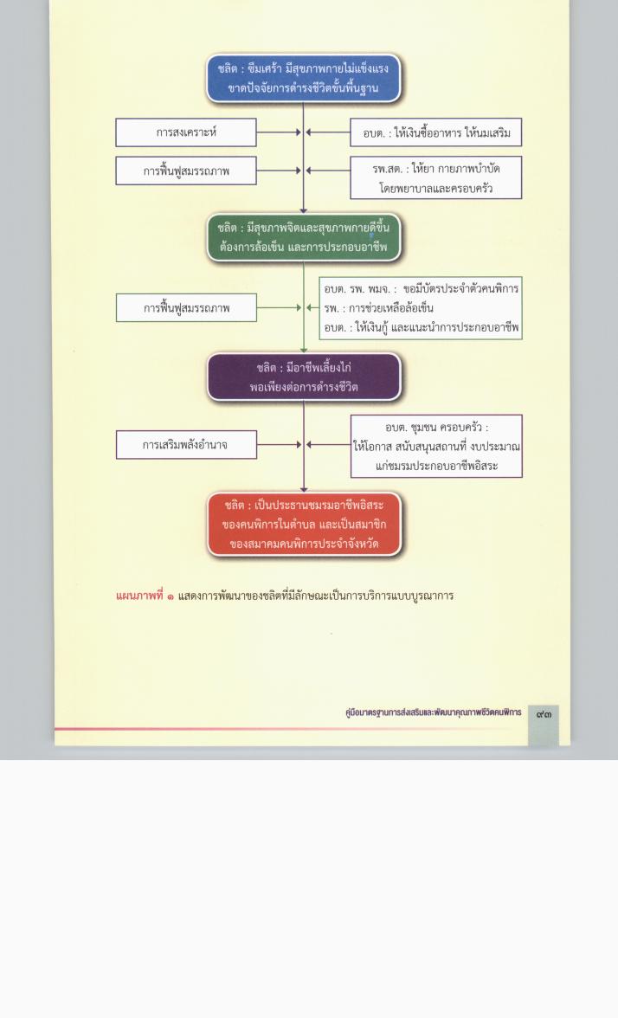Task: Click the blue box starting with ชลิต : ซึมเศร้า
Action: pyautogui.click(x=303, y=78)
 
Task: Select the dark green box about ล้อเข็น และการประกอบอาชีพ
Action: pyautogui.click(x=303, y=237)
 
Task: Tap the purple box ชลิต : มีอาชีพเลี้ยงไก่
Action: pyautogui.click(x=303, y=377)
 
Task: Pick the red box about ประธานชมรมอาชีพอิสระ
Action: pyautogui.click(x=304, y=524)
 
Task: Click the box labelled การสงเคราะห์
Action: pyautogui.click(x=186, y=132)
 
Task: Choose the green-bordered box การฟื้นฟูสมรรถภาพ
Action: pyautogui.click(x=186, y=308)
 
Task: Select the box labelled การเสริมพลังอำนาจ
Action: pyautogui.click(x=186, y=445)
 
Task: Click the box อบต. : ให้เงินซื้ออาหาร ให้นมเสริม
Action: pyautogui.click(x=436, y=132)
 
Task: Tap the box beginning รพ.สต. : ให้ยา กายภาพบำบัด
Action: pyautogui.click(x=436, y=177)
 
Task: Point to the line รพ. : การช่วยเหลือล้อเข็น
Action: pyautogui.click(x=378, y=308)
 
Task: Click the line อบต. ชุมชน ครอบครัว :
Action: pyautogui.click(x=436, y=428)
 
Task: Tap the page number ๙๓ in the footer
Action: pyautogui.click(x=544, y=713)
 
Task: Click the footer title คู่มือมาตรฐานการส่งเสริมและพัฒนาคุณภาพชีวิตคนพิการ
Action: pyautogui.click(x=433, y=712)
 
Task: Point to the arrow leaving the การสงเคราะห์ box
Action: pyautogui.click(x=279, y=132)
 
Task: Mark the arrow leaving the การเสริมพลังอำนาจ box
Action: pyautogui.click(x=279, y=445)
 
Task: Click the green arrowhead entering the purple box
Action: pyautogui.click(x=303, y=351)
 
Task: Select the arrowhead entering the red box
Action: pyautogui.click(x=303, y=490)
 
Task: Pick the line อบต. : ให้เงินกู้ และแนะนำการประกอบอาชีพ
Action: pyautogui.click(x=422, y=327)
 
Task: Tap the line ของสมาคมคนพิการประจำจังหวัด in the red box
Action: pyautogui.click(x=304, y=544)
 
